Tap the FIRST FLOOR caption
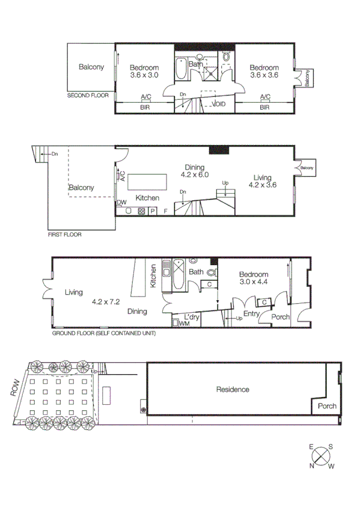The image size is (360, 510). (x=65, y=235)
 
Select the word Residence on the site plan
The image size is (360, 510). (x=233, y=390)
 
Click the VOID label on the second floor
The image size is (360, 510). (x=219, y=104)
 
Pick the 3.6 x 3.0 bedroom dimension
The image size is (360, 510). (x=144, y=76)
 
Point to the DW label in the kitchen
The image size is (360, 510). (x=121, y=203)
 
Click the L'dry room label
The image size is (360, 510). (x=192, y=316)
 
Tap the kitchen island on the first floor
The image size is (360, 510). (x=148, y=181)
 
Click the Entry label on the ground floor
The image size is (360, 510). (x=251, y=313)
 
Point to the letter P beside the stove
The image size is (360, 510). (x=153, y=211)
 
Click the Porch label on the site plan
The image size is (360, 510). (x=328, y=405)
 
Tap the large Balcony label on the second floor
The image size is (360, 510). (x=91, y=67)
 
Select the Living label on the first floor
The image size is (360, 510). (x=262, y=177)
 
